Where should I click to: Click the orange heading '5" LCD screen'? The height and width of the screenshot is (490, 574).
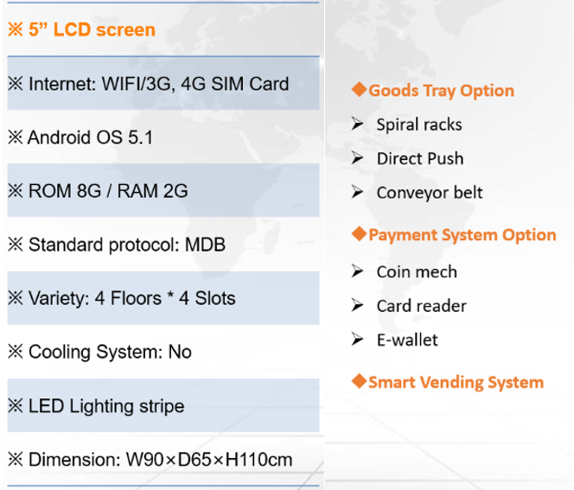(x=92, y=29)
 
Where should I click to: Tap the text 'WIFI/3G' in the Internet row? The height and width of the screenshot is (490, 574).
(x=137, y=84)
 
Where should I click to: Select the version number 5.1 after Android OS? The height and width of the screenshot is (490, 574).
(x=140, y=137)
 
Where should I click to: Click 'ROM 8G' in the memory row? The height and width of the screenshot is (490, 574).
(x=65, y=191)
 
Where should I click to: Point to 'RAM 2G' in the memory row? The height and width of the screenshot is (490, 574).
(x=152, y=191)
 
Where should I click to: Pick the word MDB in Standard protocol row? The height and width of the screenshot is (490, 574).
(x=205, y=245)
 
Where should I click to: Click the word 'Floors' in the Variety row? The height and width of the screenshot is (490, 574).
(x=136, y=298)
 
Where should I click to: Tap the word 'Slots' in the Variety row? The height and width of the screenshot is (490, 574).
(x=215, y=298)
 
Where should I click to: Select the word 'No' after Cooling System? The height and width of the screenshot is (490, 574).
(x=180, y=352)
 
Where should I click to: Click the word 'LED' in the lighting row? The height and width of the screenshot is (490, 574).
(x=46, y=406)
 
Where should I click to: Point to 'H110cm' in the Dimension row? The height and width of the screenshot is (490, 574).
(x=258, y=460)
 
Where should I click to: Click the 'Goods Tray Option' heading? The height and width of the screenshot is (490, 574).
(x=441, y=91)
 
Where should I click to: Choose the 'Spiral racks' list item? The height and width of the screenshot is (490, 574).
(x=419, y=124)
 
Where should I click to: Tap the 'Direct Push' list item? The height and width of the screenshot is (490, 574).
(x=420, y=159)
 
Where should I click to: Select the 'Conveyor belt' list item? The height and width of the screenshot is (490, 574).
(x=430, y=193)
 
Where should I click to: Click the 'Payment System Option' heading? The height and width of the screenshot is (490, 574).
(x=462, y=235)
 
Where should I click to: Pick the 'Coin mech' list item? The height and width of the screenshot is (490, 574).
(x=417, y=272)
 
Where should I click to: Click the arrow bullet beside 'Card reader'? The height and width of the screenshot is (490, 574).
(x=357, y=305)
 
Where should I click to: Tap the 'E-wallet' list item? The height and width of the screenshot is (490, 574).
(x=407, y=340)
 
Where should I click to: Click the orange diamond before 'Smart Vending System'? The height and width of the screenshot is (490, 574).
(x=359, y=381)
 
